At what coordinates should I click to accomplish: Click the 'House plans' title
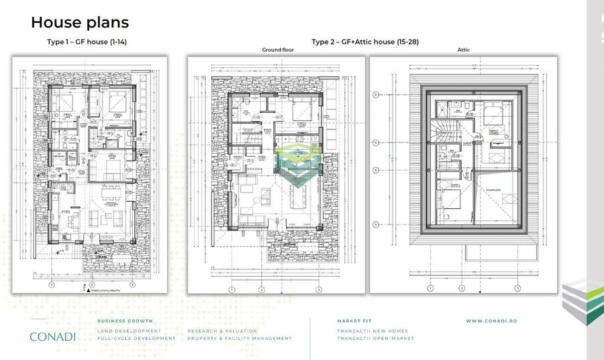[80, 22]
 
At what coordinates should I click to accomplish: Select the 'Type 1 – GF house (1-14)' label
[87, 42]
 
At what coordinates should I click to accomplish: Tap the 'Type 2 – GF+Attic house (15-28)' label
[366, 42]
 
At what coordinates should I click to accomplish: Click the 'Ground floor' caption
[275, 50]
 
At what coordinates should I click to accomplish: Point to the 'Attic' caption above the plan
[463, 50]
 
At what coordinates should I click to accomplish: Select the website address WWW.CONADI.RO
[491, 321]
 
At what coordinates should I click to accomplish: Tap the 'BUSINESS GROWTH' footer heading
[125, 321]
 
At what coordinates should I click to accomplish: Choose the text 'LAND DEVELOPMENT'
[129, 331]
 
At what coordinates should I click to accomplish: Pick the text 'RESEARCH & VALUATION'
[221, 331]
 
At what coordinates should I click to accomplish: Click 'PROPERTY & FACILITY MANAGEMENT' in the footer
[240, 339]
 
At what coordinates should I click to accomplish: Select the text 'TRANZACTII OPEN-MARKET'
[376, 339]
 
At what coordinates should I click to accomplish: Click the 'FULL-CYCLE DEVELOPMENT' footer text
[136, 339]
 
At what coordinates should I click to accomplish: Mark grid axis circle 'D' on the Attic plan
[376, 94]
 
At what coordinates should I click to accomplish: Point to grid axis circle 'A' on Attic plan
[376, 224]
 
